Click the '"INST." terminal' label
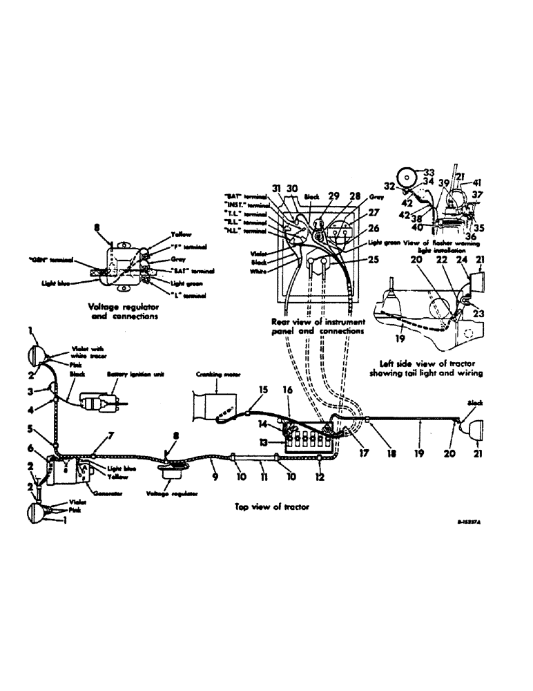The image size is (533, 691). point(249,205)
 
